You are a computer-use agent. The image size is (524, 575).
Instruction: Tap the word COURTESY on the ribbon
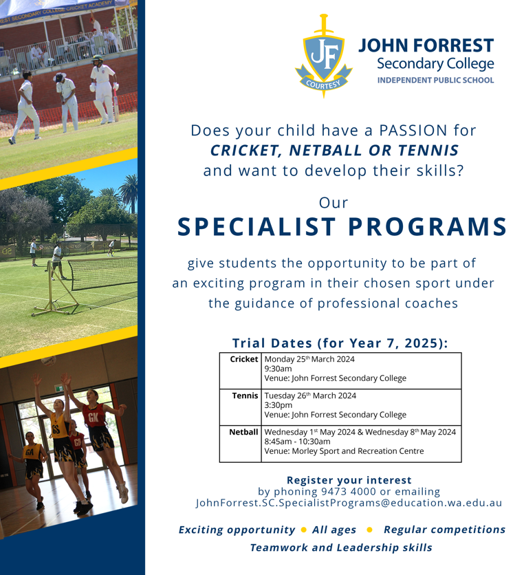coord(323,85)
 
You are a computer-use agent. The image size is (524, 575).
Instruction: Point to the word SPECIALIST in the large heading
coord(256,226)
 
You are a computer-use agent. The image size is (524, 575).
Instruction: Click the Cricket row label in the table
coord(244,359)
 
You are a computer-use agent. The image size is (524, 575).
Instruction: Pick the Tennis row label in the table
coord(245,395)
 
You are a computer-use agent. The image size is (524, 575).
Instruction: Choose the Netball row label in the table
coord(243,432)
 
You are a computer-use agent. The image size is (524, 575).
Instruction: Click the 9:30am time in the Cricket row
coord(278,369)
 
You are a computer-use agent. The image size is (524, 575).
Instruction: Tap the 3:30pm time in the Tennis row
coord(279,405)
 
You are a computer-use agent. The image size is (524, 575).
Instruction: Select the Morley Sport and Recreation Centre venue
coord(358,451)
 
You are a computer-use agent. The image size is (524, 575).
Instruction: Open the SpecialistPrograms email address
coord(349,503)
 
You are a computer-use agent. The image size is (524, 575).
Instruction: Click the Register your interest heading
coord(349,480)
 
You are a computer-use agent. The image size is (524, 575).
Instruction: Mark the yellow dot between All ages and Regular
coord(370,530)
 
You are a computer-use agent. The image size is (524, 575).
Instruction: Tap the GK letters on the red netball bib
coord(93,417)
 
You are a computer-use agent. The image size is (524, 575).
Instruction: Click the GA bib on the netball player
coord(30,453)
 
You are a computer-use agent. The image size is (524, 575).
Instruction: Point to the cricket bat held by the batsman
coord(116,106)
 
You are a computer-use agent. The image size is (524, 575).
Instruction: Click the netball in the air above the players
coord(48,360)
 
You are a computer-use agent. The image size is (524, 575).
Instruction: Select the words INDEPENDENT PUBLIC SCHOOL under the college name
coord(435,80)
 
